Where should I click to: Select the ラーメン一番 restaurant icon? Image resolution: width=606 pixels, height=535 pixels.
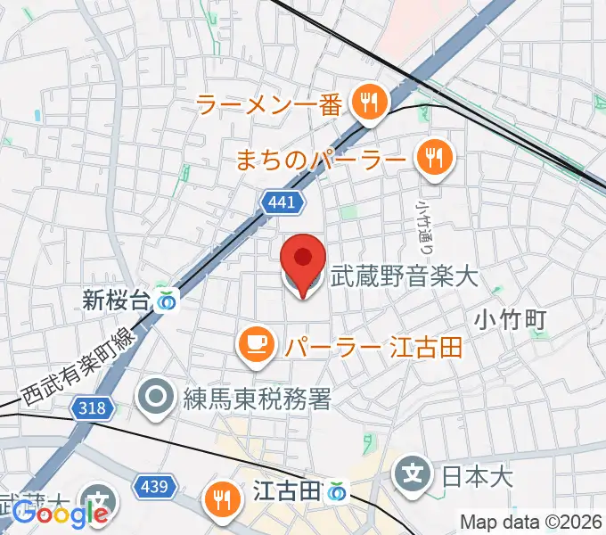point(367,104)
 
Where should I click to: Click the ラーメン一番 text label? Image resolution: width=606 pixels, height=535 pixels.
point(268,105)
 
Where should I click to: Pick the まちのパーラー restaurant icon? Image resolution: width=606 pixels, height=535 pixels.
point(435,160)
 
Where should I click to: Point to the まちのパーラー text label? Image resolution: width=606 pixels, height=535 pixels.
point(320,160)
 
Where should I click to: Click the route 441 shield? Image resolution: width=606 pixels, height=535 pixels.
point(281,203)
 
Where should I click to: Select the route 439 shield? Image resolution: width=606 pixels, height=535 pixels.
point(152,487)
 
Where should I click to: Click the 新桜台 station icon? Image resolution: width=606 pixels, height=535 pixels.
point(166,300)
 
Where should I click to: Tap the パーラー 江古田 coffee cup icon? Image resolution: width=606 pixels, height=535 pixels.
point(257,345)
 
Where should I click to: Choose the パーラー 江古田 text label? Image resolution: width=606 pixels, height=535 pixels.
point(373,346)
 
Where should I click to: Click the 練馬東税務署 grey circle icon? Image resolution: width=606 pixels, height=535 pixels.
point(159,399)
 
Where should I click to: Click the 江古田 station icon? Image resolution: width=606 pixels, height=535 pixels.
point(336,490)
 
